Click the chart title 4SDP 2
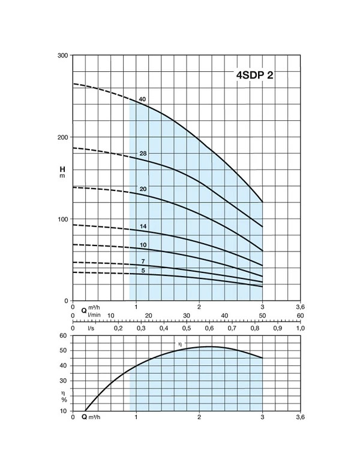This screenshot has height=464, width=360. coord(255,75)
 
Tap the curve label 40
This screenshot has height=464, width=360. coord(142,99)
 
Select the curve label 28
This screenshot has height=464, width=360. coord(143,154)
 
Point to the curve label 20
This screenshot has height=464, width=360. coord(143,189)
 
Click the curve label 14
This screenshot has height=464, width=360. coord(143,226)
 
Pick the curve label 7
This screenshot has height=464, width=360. coord(143,262)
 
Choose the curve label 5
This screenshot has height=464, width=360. coord(143,271)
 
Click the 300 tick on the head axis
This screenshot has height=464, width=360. coord(62,55)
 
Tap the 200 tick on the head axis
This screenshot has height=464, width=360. coord(62,137)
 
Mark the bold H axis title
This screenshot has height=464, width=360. coord(62,169)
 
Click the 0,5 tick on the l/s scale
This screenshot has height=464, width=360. coord(187,328)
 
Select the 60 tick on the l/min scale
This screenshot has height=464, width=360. coord(301,316)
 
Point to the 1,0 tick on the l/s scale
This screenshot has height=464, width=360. coord(301,328)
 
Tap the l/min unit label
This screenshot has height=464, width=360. coord(94,315)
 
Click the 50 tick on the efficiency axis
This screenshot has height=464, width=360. coord(63,351)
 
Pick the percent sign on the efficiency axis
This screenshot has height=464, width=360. coord(64,400)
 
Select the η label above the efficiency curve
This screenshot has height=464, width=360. coord(180,344)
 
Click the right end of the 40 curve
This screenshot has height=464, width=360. coord(262,202)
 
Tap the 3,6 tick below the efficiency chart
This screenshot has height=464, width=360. coord(301,417)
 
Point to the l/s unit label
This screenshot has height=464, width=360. coord(91,328)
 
